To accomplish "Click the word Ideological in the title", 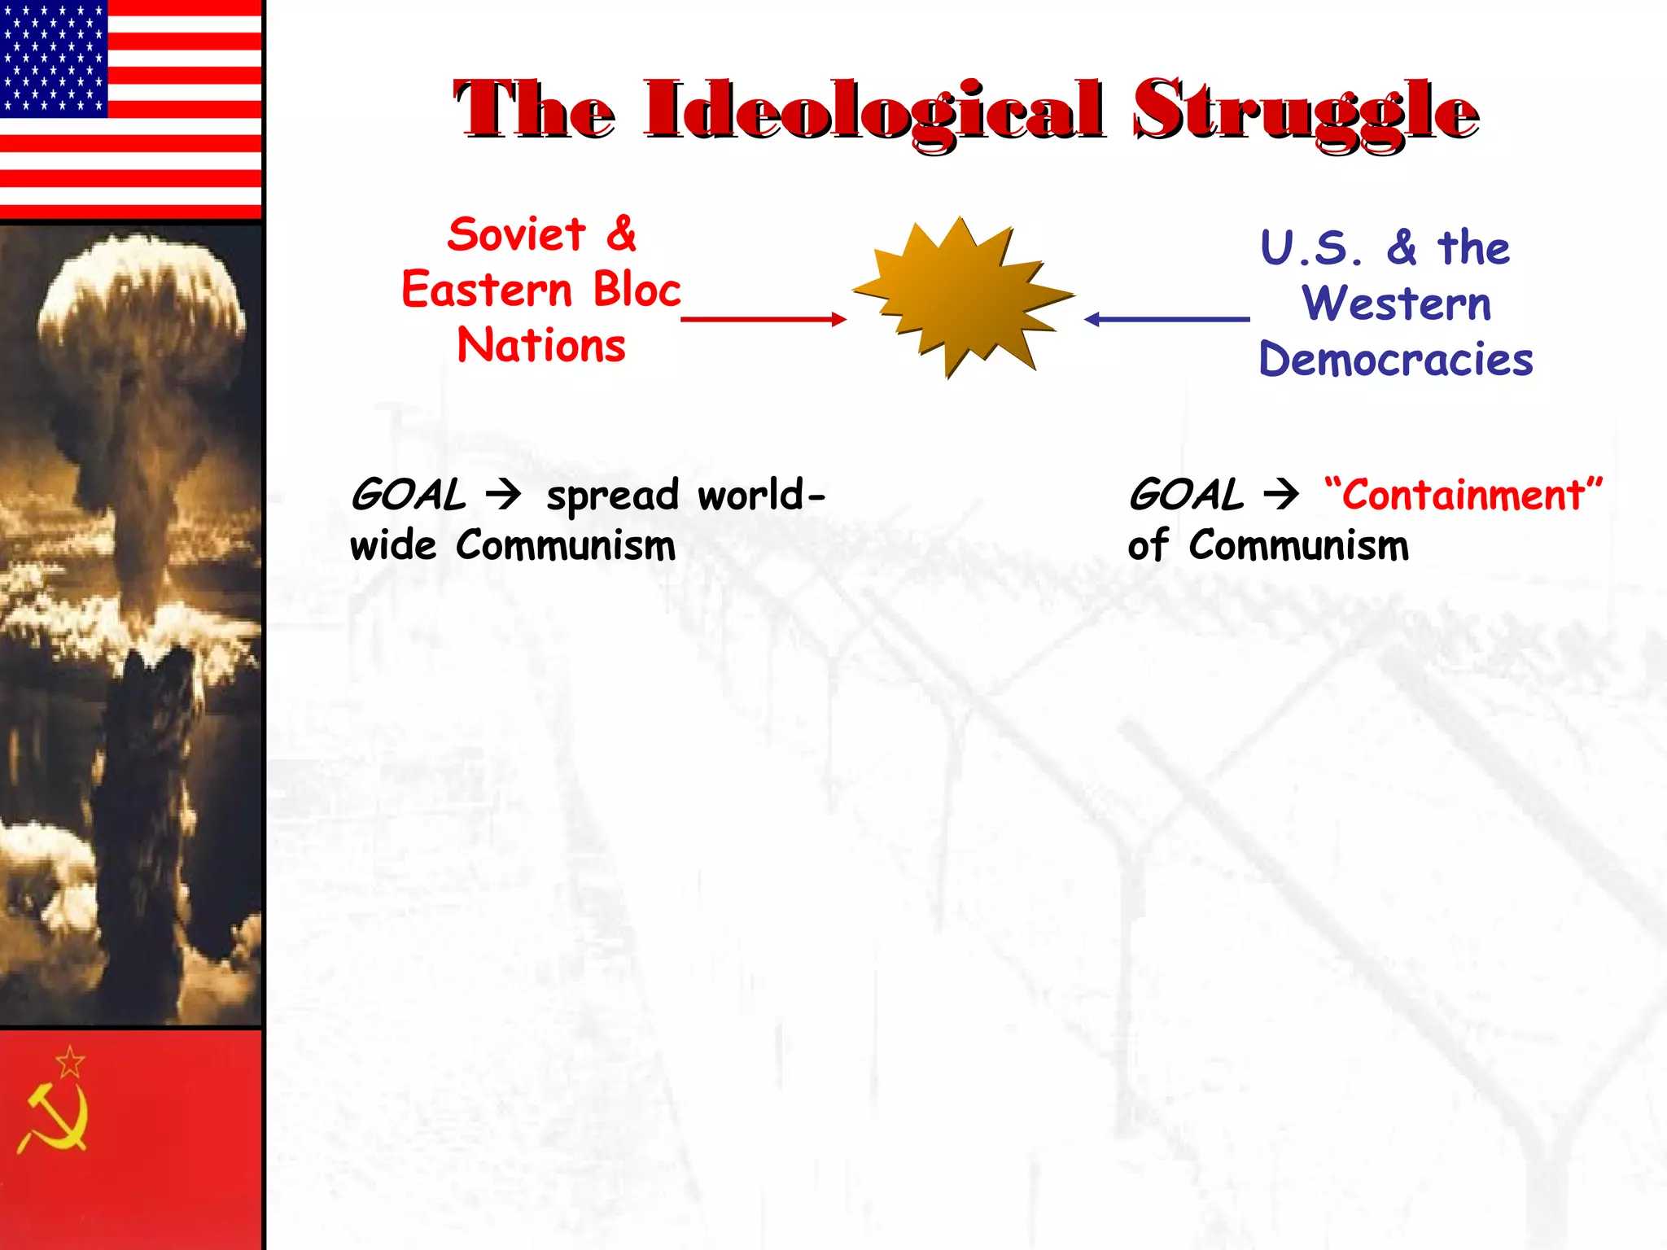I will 875,111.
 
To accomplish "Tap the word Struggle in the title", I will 1306,111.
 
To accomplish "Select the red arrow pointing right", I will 763,319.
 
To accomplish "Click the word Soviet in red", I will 516,234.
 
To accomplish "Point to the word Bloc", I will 637,290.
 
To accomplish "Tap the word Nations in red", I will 541,345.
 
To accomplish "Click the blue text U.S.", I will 1310,248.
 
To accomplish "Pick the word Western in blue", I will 1397,304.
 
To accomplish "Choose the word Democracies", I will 1396,360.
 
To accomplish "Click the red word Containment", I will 1463,495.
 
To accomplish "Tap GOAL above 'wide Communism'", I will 408,495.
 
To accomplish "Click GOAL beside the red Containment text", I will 1186,495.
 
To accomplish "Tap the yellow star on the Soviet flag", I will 70,1062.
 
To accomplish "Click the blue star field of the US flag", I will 54,57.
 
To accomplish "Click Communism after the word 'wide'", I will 566,545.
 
